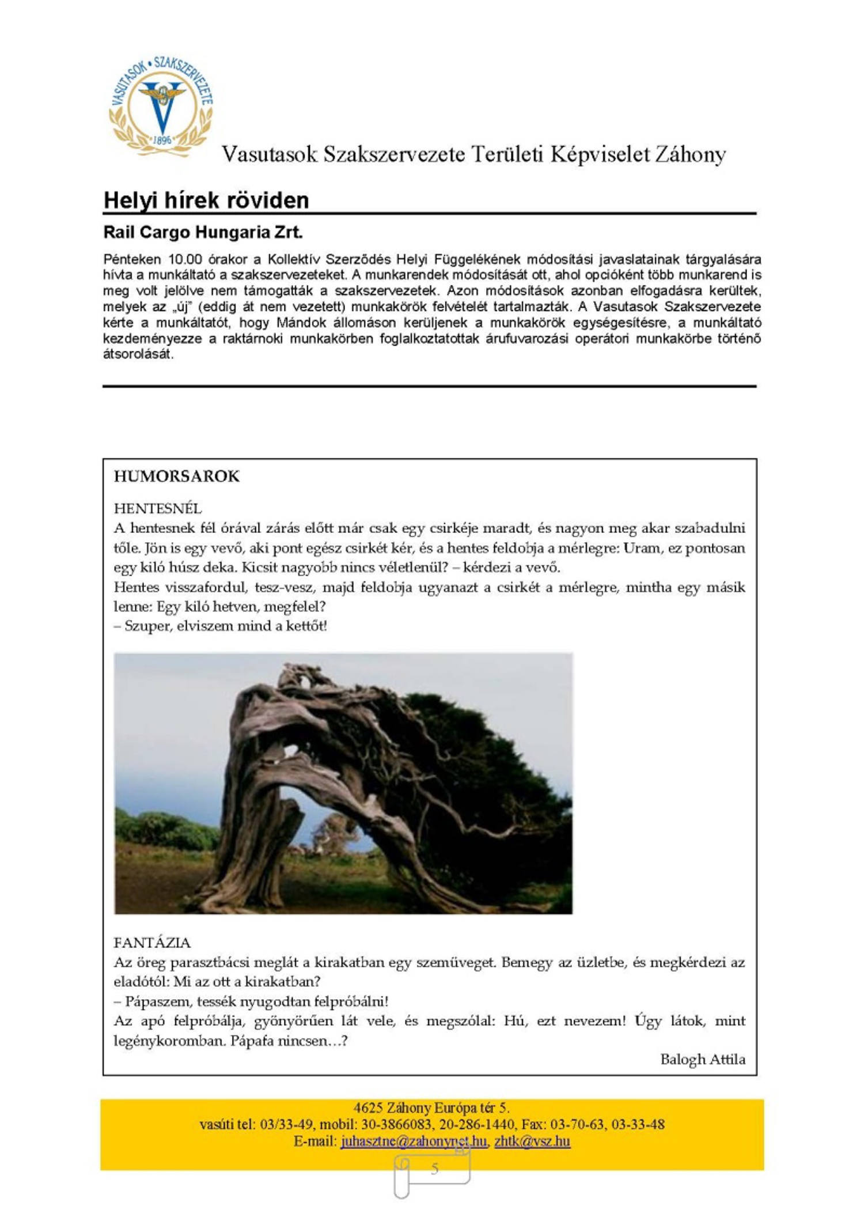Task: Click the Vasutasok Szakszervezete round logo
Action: (161, 107)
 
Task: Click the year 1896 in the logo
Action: (162, 140)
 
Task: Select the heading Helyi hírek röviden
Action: (206, 201)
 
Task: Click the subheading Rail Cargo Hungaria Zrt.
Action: (203, 232)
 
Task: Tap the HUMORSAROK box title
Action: (176, 477)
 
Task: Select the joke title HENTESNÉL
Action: (158, 508)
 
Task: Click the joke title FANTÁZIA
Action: (152, 943)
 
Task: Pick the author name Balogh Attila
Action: (703, 1059)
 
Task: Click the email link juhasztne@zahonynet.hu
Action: (414, 1141)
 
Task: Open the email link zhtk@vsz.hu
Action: (532, 1141)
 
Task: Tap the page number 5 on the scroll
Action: (434, 1169)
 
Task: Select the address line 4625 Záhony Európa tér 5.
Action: (431, 1108)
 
